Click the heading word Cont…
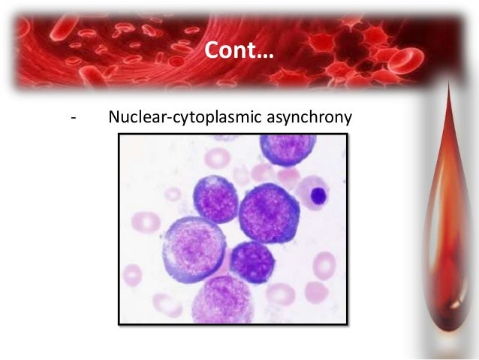(239, 50)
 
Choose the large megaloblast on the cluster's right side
(268, 213)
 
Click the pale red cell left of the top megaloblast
(218, 157)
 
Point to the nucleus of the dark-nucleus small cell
(318, 196)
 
